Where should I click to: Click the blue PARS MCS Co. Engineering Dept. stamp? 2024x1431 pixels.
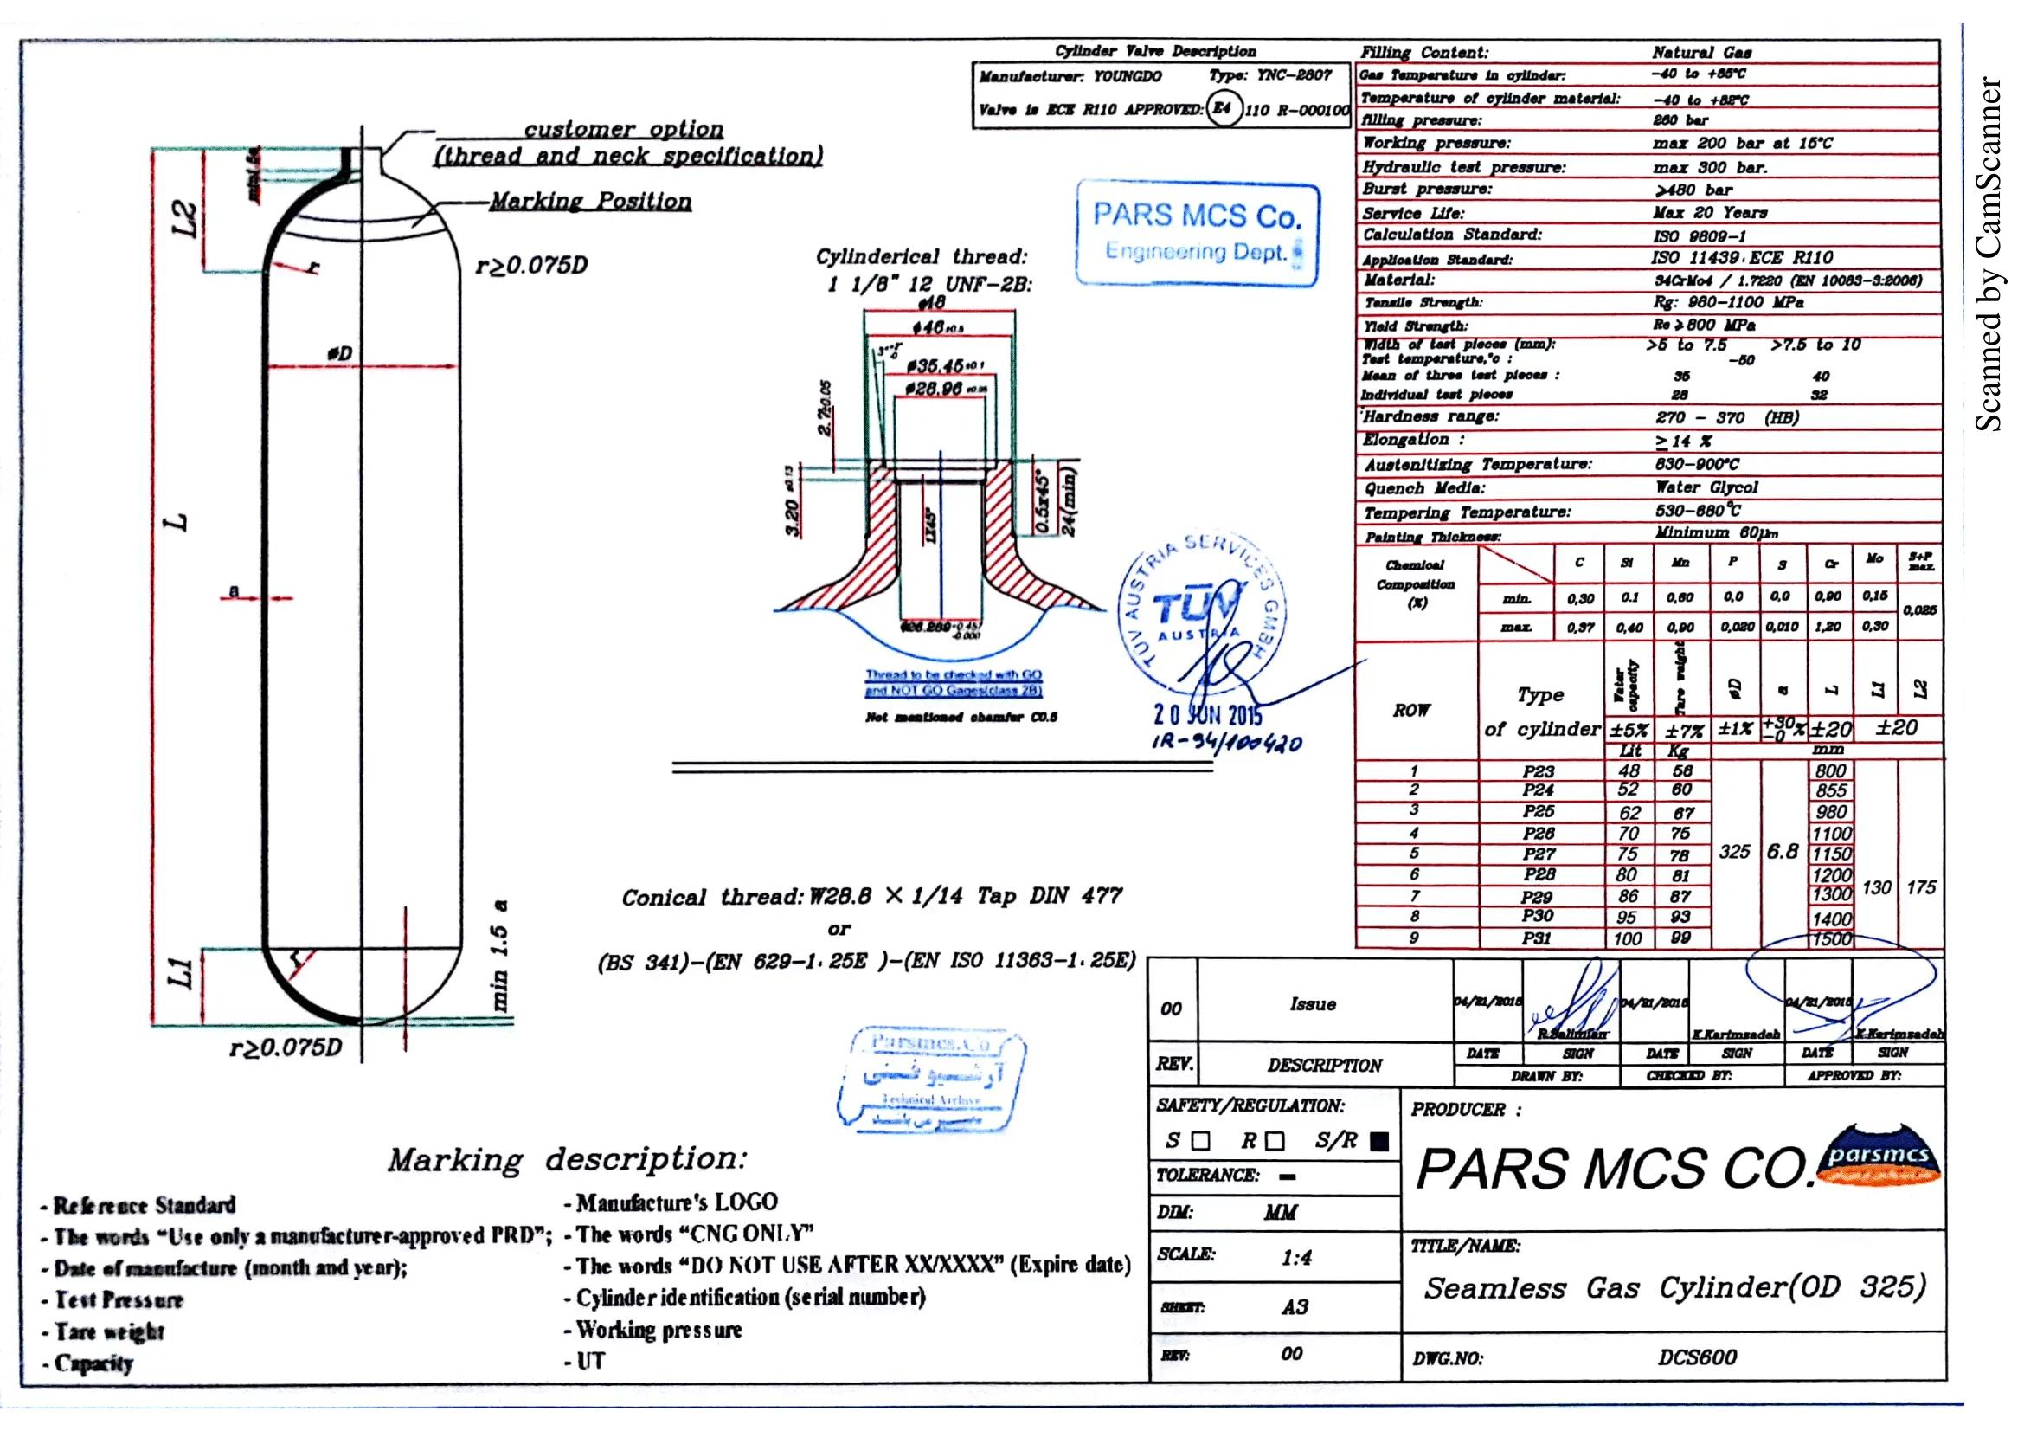point(1196,233)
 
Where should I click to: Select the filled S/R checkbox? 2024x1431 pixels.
point(1379,1142)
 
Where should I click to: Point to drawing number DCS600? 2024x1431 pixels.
point(1697,1357)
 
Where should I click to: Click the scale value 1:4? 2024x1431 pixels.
point(1296,1257)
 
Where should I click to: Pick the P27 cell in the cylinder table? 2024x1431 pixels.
point(1539,854)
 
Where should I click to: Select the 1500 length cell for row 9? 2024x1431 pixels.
point(1831,939)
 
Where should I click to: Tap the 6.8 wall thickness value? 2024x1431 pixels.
point(1782,851)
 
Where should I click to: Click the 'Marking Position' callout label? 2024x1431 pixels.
point(590,201)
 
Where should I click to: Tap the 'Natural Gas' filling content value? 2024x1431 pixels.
point(1701,53)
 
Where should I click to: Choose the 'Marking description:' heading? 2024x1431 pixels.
point(567,1159)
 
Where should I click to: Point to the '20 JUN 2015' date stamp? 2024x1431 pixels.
point(1209,714)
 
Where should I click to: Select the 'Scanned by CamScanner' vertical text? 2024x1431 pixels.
point(1989,255)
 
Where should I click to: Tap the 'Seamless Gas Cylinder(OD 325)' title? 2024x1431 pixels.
point(1674,1288)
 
